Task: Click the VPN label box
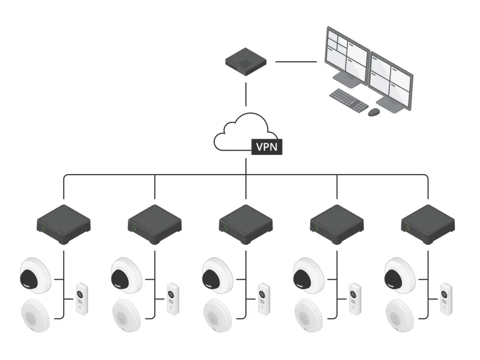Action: click(266, 146)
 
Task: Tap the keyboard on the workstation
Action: click(349, 100)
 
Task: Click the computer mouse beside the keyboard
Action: click(374, 112)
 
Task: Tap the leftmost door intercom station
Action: click(81, 298)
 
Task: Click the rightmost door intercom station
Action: click(445, 298)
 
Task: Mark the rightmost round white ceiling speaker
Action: click(400, 314)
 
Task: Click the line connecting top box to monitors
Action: click(296, 61)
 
